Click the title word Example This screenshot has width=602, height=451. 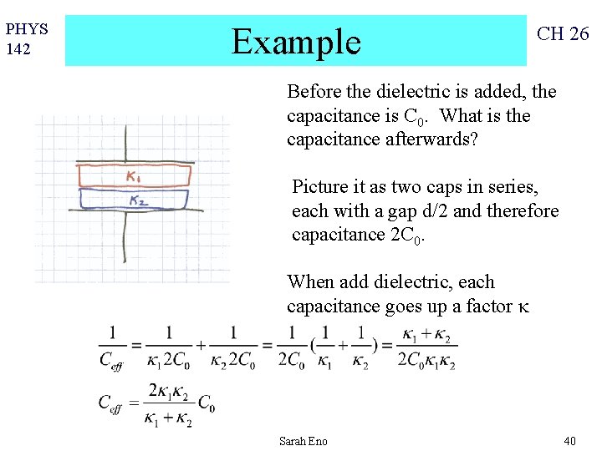[296, 40]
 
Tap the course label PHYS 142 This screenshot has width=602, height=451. [27, 39]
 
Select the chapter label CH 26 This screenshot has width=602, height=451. [563, 34]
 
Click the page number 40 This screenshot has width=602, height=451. [569, 441]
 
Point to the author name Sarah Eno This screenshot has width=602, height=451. [304, 441]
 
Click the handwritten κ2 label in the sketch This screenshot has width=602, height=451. [139, 200]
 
